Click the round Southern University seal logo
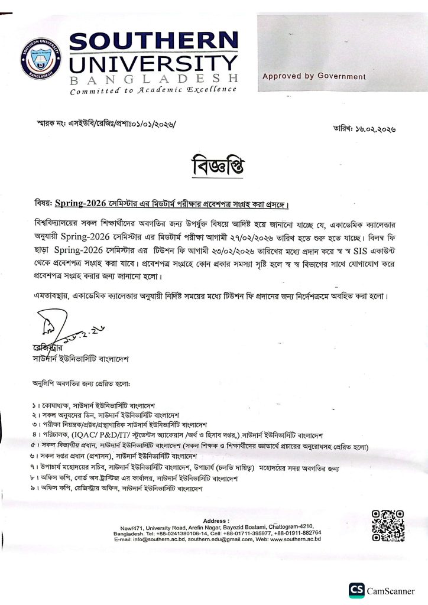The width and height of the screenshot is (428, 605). pyautogui.click(x=41, y=58)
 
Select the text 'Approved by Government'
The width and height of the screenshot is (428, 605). pyautogui.click(x=314, y=76)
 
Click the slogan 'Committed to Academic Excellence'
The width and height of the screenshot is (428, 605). pyautogui.click(x=153, y=90)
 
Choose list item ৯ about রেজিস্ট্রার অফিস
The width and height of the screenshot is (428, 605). pyautogui.click(x=118, y=489)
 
